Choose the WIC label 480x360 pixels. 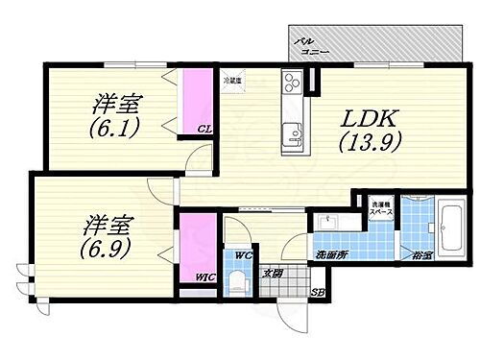coord(204,278)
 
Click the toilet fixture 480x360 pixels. coord(237,279)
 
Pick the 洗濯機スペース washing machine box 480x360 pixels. coord(380,206)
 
